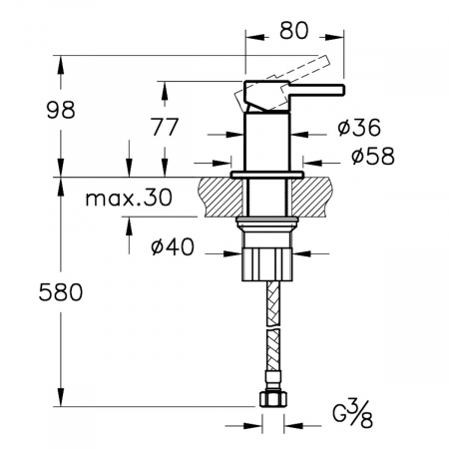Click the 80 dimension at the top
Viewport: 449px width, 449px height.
[294, 31]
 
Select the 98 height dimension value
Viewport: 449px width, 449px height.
[61, 110]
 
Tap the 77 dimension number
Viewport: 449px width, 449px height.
[165, 127]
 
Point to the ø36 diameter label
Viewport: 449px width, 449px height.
[359, 128]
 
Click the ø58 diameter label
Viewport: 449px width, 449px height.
[373, 156]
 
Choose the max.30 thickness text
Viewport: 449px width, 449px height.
[129, 198]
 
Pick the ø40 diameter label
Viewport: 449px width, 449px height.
[173, 246]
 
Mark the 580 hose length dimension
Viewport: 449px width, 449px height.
[61, 292]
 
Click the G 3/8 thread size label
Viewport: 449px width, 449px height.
[353, 415]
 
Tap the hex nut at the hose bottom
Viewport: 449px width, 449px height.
[272, 398]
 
